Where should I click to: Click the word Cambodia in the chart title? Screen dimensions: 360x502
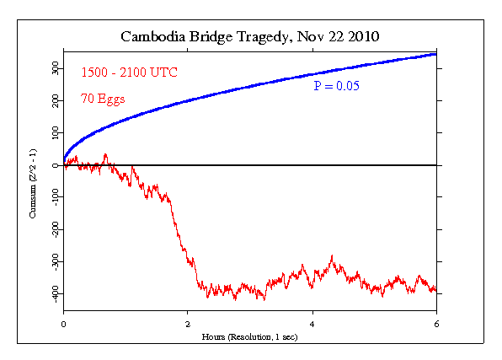[151, 38]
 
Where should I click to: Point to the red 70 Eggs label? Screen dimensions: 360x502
[102, 99]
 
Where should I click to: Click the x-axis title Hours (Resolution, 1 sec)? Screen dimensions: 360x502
[250, 336]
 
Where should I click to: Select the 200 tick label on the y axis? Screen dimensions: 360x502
[52, 100]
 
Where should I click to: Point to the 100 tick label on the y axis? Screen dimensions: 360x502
[52, 133]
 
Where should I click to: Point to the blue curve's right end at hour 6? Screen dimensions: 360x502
[435, 54]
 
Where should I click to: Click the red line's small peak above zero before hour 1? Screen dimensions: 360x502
[104, 155]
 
